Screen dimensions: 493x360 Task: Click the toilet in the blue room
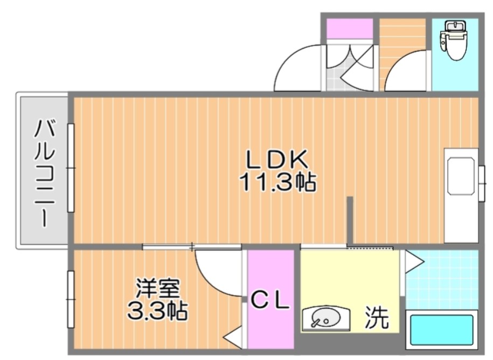(x=454, y=40)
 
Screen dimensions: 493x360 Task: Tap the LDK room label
(x=276, y=160)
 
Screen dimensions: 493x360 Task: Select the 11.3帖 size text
(x=277, y=182)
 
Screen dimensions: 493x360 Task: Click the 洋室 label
(x=157, y=289)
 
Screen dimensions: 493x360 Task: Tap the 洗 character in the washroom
(x=377, y=317)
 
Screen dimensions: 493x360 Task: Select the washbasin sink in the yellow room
(x=325, y=319)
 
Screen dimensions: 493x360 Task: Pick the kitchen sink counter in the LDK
(x=461, y=195)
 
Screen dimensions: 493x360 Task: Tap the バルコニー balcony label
(x=44, y=173)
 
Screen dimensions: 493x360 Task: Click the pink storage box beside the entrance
(x=350, y=29)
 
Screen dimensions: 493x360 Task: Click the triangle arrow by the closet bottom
(x=233, y=337)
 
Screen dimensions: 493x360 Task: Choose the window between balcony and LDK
(x=71, y=168)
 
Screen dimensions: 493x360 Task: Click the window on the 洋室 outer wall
(x=71, y=299)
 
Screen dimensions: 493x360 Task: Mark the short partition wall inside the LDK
(x=350, y=221)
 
